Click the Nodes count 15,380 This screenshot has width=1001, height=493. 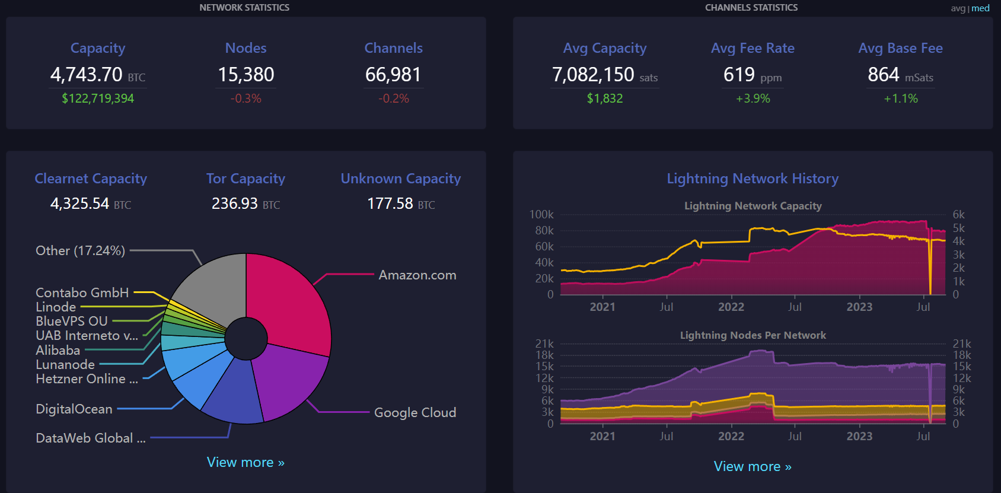click(x=246, y=75)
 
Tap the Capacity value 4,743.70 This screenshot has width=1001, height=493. click(x=87, y=75)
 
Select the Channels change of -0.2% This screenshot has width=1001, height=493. click(x=394, y=98)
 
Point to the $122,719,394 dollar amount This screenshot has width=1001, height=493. click(x=98, y=98)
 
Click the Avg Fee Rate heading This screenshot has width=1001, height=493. click(x=753, y=48)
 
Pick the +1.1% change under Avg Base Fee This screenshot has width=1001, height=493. click(x=900, y=98)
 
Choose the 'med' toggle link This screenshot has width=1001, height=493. click(x=980, y=8)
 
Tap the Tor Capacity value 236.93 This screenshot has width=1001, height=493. click(x=235, y=203)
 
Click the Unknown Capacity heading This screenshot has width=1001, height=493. click(x=400, y=179)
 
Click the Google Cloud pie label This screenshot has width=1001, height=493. click(x=415, y=412)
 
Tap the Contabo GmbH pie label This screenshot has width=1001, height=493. click(x=82, y=292)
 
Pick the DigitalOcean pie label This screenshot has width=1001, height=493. click(x=74, y=409)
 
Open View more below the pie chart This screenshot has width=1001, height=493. click(x=246, y=462)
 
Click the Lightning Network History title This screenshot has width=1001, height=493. click(x=753, y=179)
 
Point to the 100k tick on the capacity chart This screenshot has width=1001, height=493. click(x=541, y=214)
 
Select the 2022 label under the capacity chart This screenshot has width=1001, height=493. click(x=731, y=307)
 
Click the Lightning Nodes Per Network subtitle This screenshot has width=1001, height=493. click(x=753, y=335)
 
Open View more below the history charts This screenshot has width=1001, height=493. click(x=753, y=466)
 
